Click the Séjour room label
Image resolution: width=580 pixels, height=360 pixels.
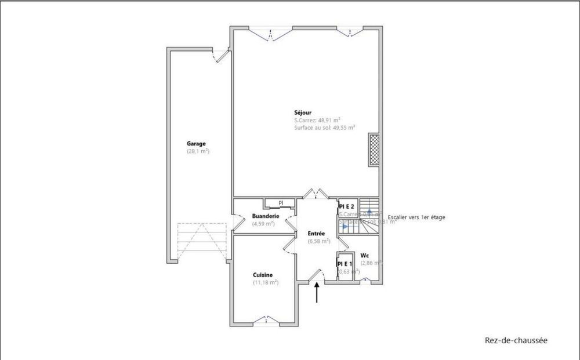tap(303, 112)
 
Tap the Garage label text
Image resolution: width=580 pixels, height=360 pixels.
tap(196, 144)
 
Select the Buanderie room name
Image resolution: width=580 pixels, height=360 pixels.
tap(266, 216)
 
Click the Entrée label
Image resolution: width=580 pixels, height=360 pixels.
tap(316, 234)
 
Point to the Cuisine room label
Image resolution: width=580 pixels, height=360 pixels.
tap(263, 275)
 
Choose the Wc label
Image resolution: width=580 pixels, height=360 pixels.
tap(365, 255)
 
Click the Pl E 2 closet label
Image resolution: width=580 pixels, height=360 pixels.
tap(347, 206)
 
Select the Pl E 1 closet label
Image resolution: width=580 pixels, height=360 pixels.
tap(345, 264)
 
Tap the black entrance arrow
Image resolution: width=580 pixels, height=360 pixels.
tap(317, 293)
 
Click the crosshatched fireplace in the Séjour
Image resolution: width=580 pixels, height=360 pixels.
tap(374, 150)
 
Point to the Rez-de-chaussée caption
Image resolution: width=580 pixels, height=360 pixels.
tap(516, 340)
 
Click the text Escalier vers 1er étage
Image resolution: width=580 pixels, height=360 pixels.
tap(416, 217)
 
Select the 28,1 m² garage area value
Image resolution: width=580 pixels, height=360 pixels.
tap(198, 151)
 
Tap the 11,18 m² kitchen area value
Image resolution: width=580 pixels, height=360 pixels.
tap(266, 282)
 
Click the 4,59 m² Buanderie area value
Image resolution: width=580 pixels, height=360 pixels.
tap(263, 223)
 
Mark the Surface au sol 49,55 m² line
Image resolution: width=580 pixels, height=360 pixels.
tap(324, 127)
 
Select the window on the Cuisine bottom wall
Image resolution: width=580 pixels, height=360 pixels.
tap(264, 319)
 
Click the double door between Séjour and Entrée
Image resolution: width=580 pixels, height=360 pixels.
tap(317, 194)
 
